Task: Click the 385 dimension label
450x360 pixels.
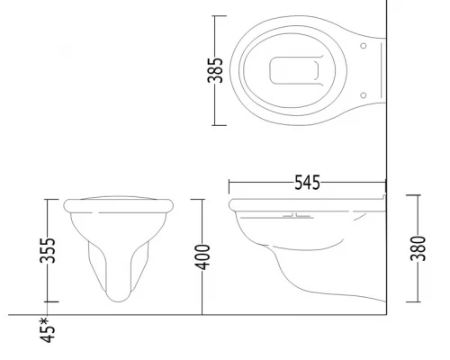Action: coord(215,70)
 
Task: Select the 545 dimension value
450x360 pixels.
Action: coord(308,183)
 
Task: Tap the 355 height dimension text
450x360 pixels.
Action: coord(48,250)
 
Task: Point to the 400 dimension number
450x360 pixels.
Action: coord(202,257)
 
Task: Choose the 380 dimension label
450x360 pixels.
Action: coord(418,248)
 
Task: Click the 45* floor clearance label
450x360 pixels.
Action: coord(48,330)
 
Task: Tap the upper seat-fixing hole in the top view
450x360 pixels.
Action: coord(364,46)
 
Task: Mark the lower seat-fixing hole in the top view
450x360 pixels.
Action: coord(363,95)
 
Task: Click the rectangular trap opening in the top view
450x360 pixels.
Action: coord(294,70)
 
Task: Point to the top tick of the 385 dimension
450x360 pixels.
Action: coord(220,16)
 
